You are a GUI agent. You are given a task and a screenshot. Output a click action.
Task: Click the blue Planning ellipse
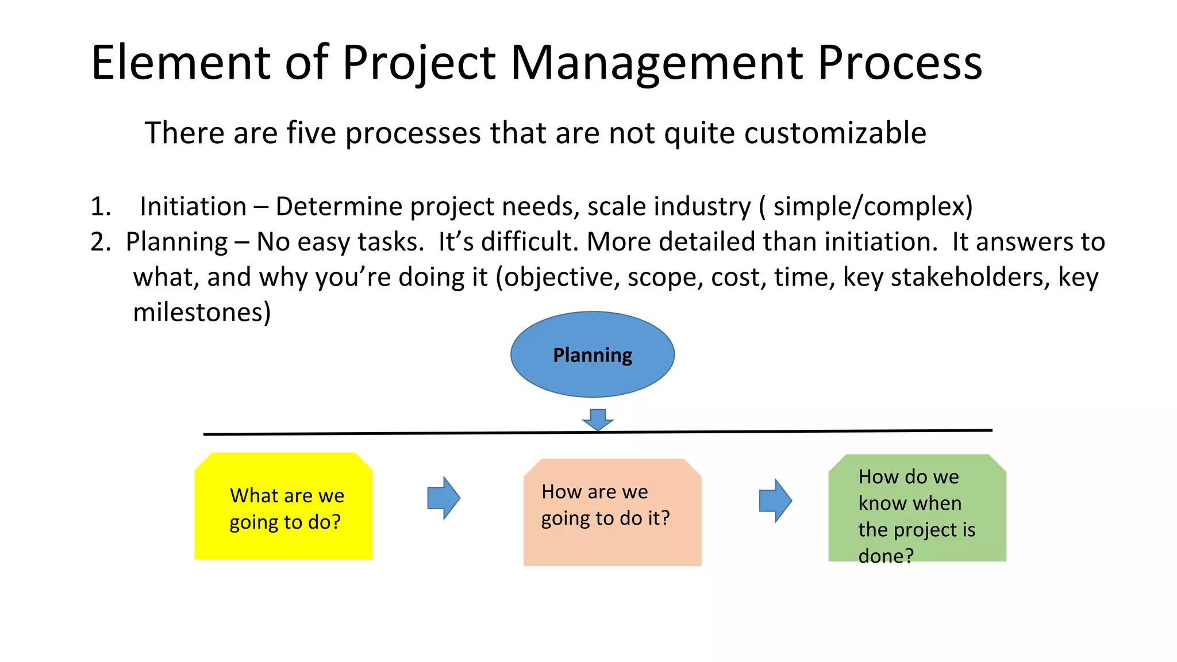(x=592, y=355)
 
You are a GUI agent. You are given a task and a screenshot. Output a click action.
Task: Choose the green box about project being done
(x=917, y=508)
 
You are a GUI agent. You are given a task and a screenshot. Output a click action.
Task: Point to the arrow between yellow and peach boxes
(x=443, y=498)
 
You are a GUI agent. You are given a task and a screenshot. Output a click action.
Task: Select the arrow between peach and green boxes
(x=775, y=501)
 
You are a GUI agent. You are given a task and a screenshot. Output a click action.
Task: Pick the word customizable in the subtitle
(x=835, y=133)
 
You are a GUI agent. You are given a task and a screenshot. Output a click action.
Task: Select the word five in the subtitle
(x=311, y=133)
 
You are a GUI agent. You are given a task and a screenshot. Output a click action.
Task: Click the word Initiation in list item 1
(x=193, y=206)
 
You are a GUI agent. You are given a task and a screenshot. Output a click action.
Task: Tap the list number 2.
(x=101, y=242)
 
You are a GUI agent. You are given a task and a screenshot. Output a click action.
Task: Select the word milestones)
(x=202, y=313)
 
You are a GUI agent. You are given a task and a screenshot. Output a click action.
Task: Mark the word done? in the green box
(x=885, y=556)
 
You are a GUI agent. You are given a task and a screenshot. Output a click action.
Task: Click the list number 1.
(x=101, y=206)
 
